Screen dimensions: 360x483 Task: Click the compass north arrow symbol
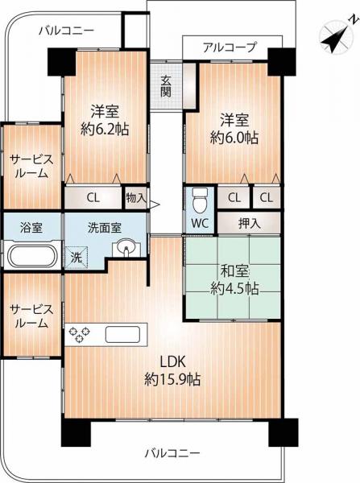coord(337,36)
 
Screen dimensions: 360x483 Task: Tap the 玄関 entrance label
coord(166,86)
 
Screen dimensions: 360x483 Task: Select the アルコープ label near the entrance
coord(230,47)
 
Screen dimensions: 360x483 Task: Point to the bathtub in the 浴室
coord(32,255)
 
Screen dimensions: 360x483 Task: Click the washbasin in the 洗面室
coord(126,248)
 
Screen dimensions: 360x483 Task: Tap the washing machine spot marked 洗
coord(77,258)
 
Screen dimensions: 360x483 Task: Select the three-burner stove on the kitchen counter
coord(80,334)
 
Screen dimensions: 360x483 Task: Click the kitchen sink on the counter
coord(122,335)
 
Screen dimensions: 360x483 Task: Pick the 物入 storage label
coord(136,198)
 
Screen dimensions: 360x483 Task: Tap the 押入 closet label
coord(250,223)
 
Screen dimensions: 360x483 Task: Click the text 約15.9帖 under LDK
coord(172,379)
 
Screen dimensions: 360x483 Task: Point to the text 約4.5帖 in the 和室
coord(234,288)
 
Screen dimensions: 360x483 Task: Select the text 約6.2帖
coord(105,130)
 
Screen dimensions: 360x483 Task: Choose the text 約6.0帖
coord(234,138)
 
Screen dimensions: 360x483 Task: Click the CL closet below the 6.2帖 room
coord(93,197)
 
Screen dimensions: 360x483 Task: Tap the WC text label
coord(200,223)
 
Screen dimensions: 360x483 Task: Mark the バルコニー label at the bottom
coord(172,452)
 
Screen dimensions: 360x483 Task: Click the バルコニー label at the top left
coord(67,31)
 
